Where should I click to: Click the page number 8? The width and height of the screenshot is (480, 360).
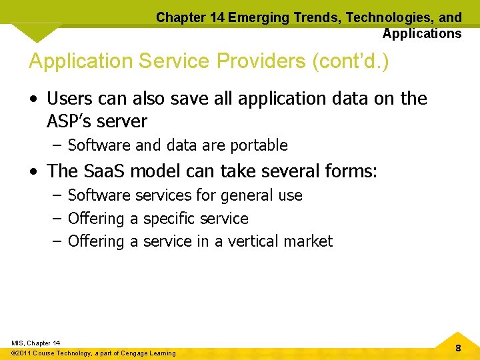(458, 348)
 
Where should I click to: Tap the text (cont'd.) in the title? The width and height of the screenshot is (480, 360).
(350, 61)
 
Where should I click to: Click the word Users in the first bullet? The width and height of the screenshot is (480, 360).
(71, 99)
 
